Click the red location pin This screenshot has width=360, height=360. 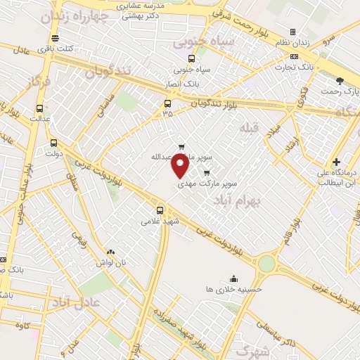click(x=181, y=166)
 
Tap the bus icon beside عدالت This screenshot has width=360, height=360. click(x=39, y=109)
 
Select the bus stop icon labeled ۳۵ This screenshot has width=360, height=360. click(x=167, y=103)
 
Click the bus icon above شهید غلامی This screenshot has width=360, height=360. click(x=160, y=210)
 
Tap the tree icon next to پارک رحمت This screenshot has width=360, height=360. click(x=340, y=81)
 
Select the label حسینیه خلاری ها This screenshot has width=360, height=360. click(x=233, y=289)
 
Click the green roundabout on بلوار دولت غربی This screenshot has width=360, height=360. click(x=266, y=264)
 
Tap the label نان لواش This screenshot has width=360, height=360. click(x=111, y=262)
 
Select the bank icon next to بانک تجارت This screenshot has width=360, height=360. click(x=294, y=56)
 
